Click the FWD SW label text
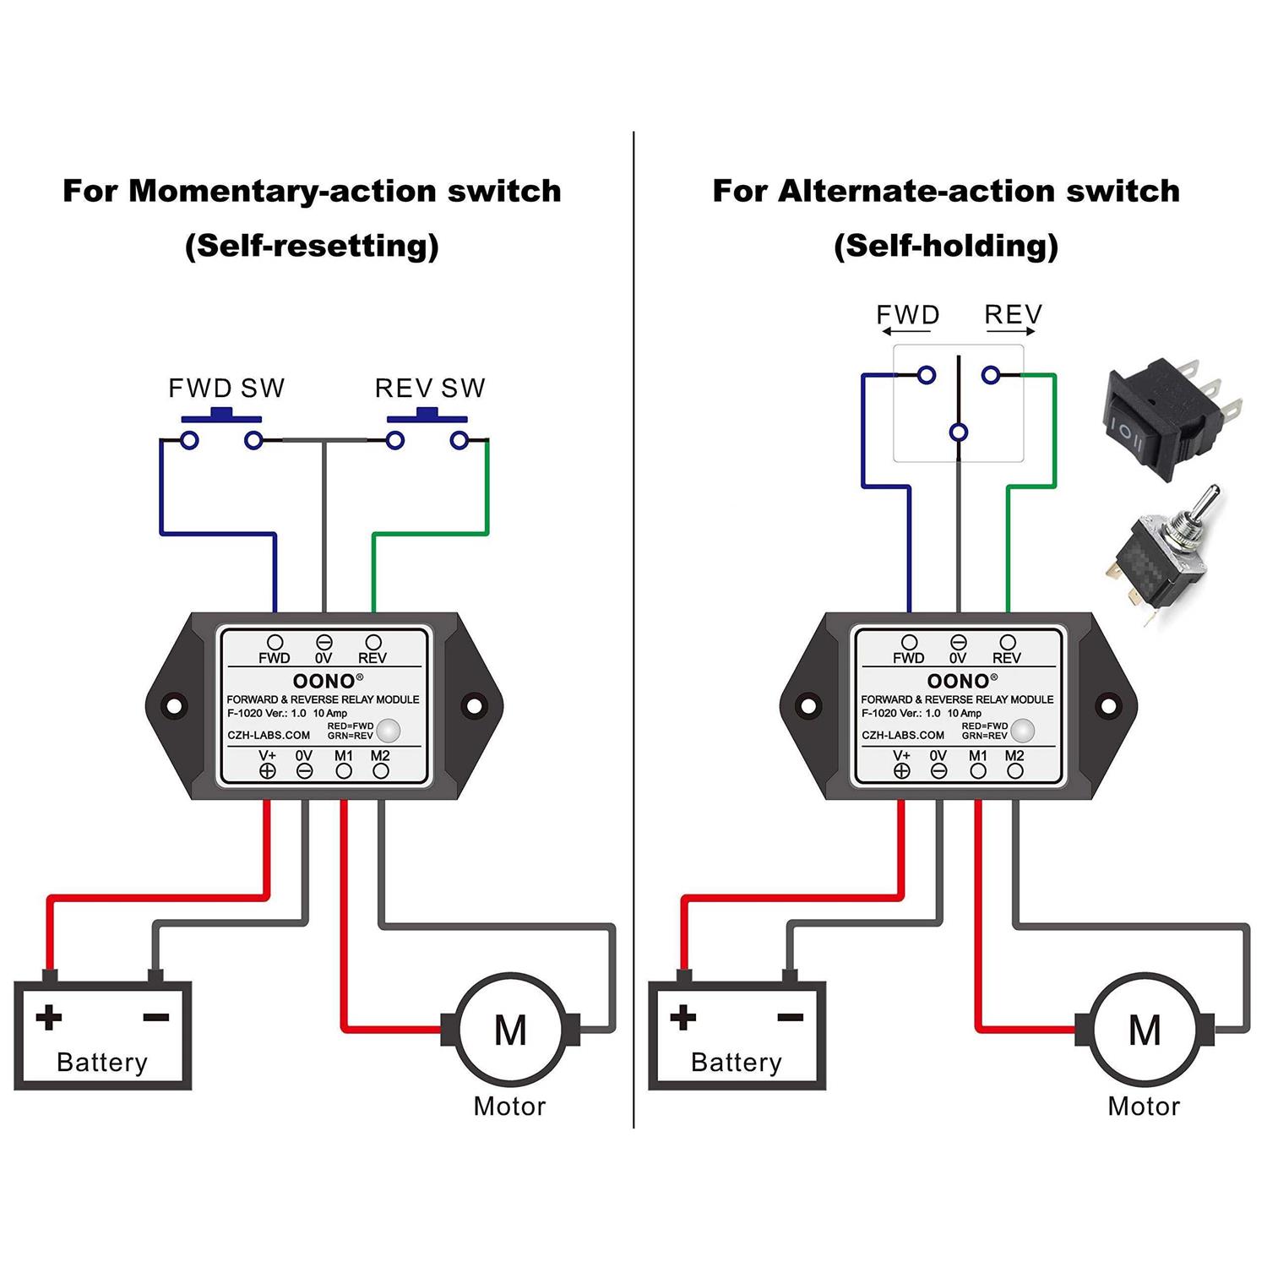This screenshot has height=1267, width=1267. (226, 388)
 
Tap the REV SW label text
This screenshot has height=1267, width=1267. (430, 388)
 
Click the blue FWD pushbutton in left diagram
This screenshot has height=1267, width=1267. (221, 415)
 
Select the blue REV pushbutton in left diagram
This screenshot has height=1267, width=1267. (427, 415)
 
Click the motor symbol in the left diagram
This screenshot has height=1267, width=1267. (510, 1029)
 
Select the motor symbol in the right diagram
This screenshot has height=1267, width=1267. (1145, 1029)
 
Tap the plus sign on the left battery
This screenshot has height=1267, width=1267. (49, 1017)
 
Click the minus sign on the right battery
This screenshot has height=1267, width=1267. (790, 1017)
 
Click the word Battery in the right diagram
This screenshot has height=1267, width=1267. (736, 1062)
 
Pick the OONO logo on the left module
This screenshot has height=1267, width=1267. (324, 681)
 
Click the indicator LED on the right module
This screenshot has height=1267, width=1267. (1022, 730)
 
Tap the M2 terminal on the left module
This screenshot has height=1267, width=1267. (381, 769)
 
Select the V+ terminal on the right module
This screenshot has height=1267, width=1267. (901, 769)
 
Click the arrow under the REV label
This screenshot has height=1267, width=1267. (1011, 332)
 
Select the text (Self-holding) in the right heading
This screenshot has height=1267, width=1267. (946, 246)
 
